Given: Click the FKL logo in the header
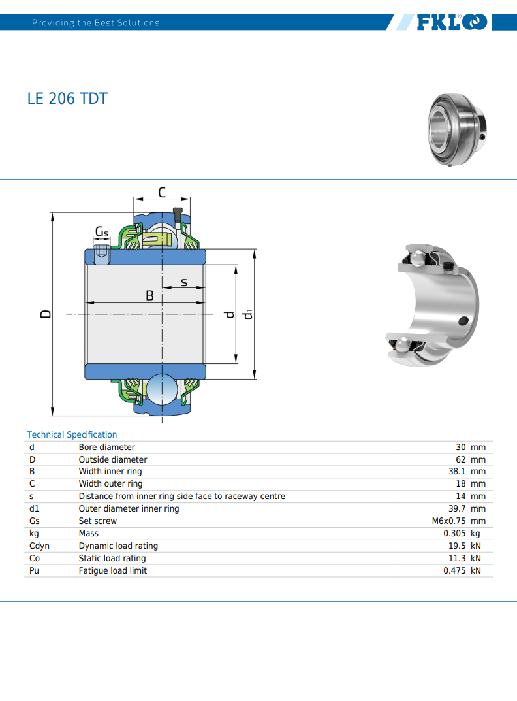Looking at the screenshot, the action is (x=452, y=22).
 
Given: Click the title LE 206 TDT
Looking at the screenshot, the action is (x=67, y=99).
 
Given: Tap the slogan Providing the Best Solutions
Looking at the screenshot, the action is (x=95, y=23).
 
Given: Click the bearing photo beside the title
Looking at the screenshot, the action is (x=457, y=129).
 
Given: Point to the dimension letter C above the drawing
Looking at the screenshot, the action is (x=162, y=193).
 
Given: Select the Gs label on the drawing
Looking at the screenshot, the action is (x=102, y=231).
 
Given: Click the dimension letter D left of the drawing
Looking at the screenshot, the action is (x=46, y=314).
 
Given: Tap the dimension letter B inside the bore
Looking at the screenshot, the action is (x=149, y=295).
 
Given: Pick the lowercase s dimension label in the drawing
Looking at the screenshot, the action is (x=184, y=282).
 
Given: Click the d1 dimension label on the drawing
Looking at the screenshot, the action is (x=247, y=314).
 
